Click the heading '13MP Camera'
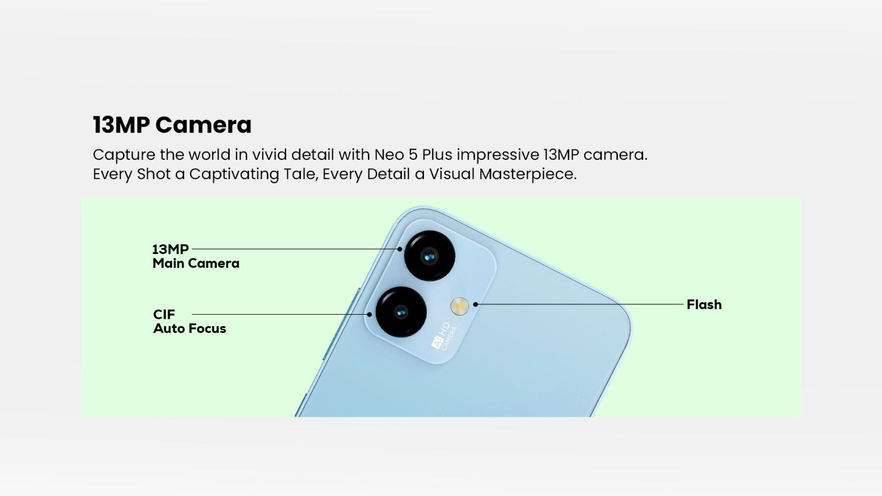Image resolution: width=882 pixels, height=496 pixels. click(x=172, y=125)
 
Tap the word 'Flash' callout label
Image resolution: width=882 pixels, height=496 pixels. click(x=704, y=305)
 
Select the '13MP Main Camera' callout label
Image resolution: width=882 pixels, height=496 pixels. click(x=196, y=256)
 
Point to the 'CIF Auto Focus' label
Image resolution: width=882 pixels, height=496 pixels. click(x=190, y=321)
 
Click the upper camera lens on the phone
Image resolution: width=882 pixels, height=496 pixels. click(x=429, y=256)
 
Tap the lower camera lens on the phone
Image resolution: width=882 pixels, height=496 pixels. click(x=401, y=312)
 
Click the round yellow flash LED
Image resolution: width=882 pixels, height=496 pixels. click(x=460, y=306)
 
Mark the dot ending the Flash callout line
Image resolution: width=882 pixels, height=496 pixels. click(x=476, y=304)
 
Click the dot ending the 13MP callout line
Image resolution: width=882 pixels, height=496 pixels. click(x=400, y=249)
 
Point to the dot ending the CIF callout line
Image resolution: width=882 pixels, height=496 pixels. click(x=369, y=315)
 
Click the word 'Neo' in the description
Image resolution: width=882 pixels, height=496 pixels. click(x=389, y=155)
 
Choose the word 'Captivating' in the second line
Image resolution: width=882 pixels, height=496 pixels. click(x=234, y=174)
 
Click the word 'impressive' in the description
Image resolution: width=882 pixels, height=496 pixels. click(x=498, y=155)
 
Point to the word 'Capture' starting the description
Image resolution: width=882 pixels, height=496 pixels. click(x=124, y=155)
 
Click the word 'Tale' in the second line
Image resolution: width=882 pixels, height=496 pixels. click(x=300, y=174)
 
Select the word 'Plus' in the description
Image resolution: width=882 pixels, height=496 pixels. click(x=437, y=155)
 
